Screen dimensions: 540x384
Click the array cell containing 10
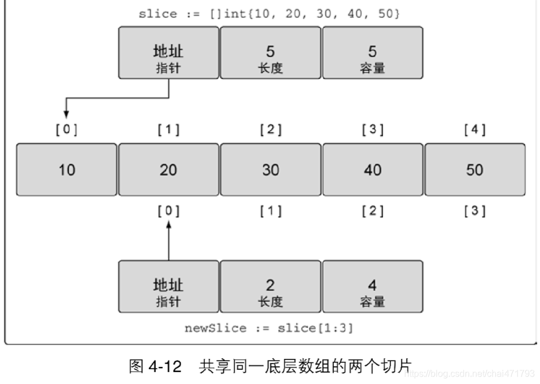click(67, 170)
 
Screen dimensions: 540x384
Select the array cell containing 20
click(168, 170)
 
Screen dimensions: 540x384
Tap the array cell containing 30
click(271, 170)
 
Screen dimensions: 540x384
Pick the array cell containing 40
click(373, 170)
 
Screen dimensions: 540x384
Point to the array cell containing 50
click(474, 170)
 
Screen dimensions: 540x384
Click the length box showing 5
click(271, 53)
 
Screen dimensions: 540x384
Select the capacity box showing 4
click(373, 286)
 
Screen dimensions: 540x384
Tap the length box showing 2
click(271, 286)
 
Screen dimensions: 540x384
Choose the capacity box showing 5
click(373, 53)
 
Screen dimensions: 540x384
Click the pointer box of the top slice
click(168, 53)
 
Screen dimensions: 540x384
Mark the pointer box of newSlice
click(168, 286)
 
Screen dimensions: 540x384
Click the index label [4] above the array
click(474, 130)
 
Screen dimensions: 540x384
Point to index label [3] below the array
click(474, 211)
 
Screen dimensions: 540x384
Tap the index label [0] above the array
click(67, 130)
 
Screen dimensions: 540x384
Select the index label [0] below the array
click(168, 211)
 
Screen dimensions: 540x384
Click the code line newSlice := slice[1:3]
click(269, 329)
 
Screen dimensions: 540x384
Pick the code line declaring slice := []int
click(269, 14)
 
